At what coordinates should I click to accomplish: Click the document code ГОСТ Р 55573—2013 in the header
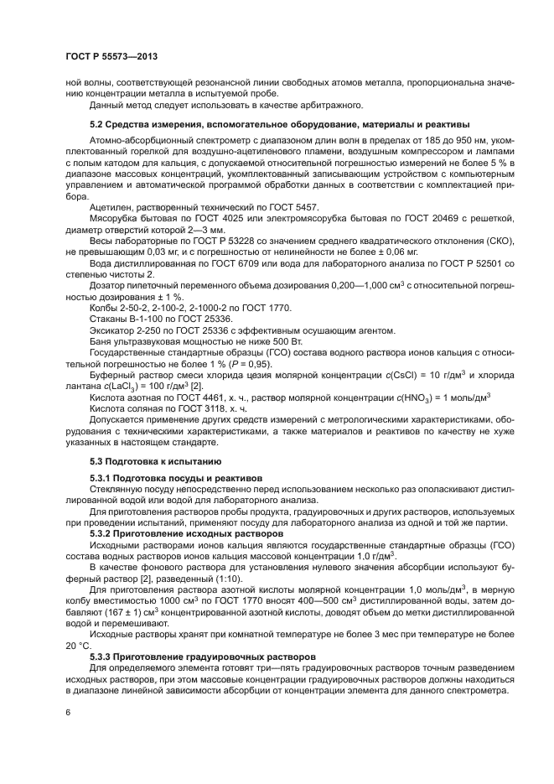111,55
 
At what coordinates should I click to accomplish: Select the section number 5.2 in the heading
98,125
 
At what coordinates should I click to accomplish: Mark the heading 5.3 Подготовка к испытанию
155,460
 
